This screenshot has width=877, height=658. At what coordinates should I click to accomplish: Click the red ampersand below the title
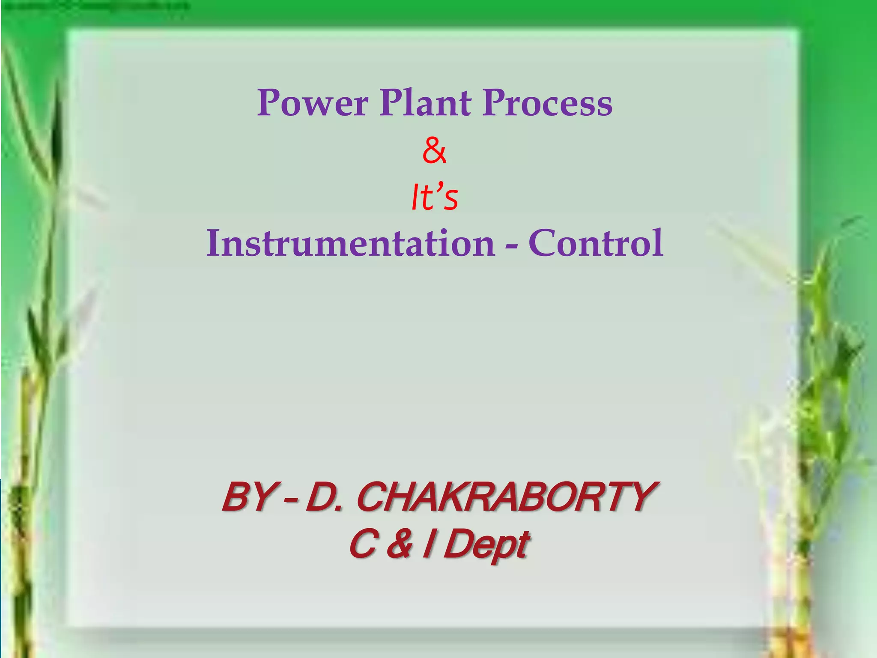(x=434, y=151)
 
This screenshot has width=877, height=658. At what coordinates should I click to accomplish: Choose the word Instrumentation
(x=350, y=243)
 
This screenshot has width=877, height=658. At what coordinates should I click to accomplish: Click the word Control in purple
(x=596, y=243)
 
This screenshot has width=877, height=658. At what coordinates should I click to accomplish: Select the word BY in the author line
(x=248, y=497)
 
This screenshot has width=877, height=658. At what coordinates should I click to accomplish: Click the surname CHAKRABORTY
(x=505, y=497)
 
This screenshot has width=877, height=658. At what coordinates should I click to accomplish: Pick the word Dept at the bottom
(x=486, y=545)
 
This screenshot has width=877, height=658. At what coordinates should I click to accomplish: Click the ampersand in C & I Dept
(x=399, y=545)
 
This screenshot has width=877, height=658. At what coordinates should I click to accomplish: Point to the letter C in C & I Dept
(x=364, y=545)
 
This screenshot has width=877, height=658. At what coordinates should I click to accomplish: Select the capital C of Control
(x=543, y=243)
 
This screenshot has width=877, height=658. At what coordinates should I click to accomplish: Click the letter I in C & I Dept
(x=427, y=545)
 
